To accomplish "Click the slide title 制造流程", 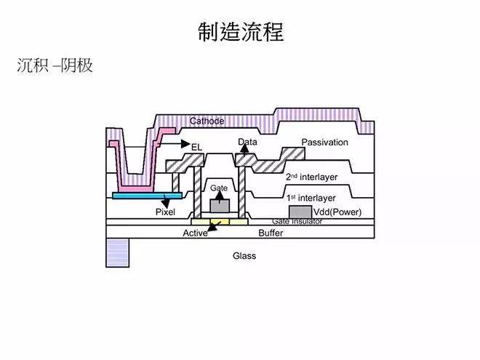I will pos(240,32).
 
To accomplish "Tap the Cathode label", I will pos(207,121).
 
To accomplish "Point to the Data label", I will pos(247,142).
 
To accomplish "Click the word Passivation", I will pos(324,142).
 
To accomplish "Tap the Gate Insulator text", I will pos(297,220).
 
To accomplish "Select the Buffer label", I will pos(271,233).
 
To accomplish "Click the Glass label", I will pos(244,256).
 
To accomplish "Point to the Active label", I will pos(195,233).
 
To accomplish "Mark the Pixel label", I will pos(166,212).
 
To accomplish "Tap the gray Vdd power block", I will pos(300,212).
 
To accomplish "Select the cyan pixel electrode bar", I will pos(142,196).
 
